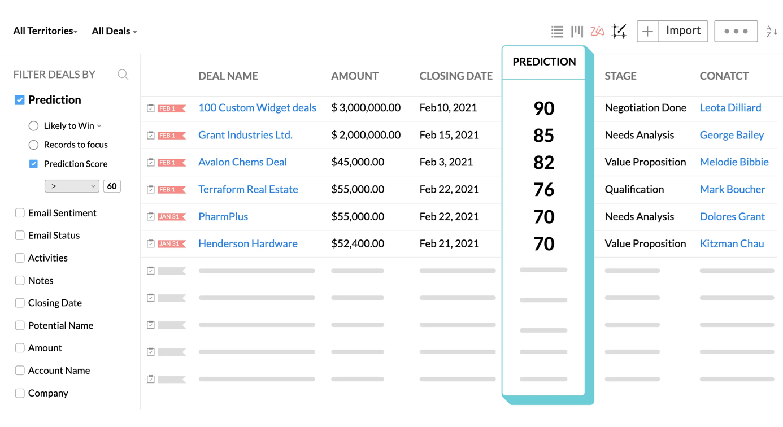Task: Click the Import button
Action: click(x=682, y=31)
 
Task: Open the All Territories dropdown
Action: click(x=45, y=31)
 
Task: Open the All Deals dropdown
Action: click(x=114, y=31)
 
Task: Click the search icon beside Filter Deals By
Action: click(x=123, y=75)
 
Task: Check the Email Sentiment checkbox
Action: click(x=20, y=213)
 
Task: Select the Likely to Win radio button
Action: click(x=34, y=126)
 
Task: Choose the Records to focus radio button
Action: click(x=34, y=145)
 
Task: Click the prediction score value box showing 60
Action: click(x=112, y=186)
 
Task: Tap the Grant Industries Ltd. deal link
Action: click(x=245, y=135)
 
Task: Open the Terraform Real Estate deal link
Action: click(x=248, y=189)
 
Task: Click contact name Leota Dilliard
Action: click(x=730, y=108)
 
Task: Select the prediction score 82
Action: click(x=543, y=163)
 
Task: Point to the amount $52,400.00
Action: click(x=358, y=243)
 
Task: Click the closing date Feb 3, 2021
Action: click(x=446, y=162)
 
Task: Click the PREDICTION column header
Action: click(x=544, y=62)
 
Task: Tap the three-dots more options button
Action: click(x=736, y=31)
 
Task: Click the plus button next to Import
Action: click(x=647, y=31)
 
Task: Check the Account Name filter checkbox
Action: click(x=20, y=371)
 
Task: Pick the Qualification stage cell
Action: click(x=634, y=189)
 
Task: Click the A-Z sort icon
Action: click(x=771, y=32)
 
